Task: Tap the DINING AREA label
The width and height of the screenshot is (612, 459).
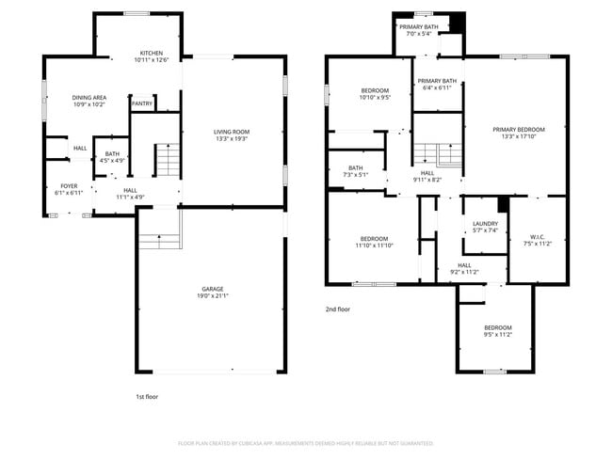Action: pyautogui.click(x=89, y=97)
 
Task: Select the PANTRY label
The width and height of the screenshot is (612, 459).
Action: pyautogui.click(x=142, y=103)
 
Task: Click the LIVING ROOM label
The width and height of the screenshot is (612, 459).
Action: pyautogui.click(x=232, y=132)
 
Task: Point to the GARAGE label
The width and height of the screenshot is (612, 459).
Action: pyautogui.click(x=212, y=289)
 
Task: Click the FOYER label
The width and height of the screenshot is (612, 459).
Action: pyautogui.click(x=70, y=185)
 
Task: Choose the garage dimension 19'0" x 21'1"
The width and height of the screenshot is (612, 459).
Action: pyautogui.click(x=212, y=296)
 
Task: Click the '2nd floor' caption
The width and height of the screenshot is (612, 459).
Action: pyautogui.click(x=337, y=309)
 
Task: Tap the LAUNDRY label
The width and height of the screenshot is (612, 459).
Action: pyautogui.click(x=485, y=224)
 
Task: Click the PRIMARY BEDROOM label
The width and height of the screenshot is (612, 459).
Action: pyautogui.click(x=519, y=129)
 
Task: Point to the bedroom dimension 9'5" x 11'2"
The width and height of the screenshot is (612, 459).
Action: pyautogui.click(x=497, y=334)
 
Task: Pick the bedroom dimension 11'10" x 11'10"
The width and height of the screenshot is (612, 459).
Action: pyautogui.click(x=374, y=245)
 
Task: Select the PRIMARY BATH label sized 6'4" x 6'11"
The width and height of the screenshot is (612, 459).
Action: pyautogui.click(x=437, y=87)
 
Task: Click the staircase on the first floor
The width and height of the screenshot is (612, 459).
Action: pyautogui.click(x=167, y=160)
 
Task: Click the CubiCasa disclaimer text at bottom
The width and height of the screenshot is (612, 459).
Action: pyautogui.click(x=305, y=442)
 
